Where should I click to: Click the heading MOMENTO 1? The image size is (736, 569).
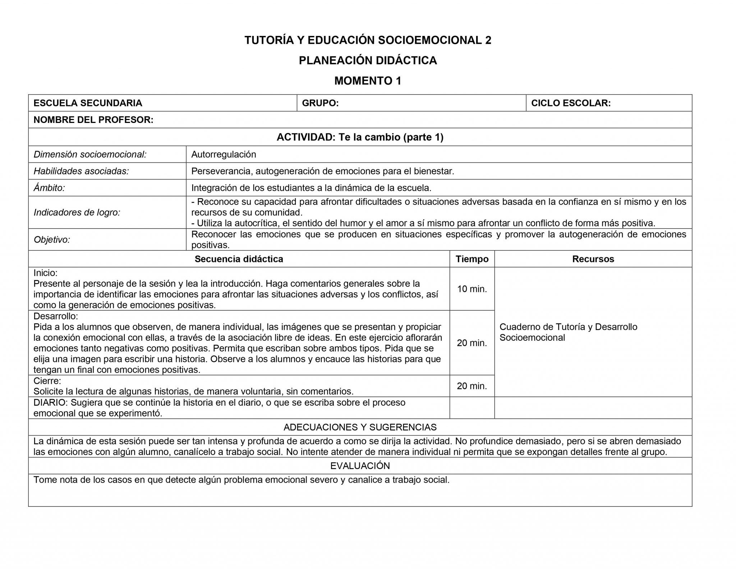point(368,81)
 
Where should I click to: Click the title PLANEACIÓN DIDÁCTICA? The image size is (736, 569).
point(368,60)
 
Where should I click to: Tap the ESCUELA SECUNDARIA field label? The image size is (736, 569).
point(88,103)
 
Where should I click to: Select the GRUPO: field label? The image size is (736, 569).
point(320,103)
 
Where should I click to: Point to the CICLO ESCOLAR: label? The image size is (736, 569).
point(571,103)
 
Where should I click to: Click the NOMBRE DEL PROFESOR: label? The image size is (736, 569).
point(93,120)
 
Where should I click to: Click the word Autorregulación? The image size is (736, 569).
point(224,155)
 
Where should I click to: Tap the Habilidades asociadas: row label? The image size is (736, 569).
point(81,171)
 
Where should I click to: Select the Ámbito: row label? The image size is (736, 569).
point(49,188)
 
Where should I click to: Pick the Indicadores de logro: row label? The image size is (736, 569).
point(77,212)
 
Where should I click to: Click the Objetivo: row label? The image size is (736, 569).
point(52,240)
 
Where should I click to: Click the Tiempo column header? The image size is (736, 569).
point(472,259)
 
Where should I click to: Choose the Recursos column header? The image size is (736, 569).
point(593,259)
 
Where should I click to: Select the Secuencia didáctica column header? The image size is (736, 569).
point(239,259)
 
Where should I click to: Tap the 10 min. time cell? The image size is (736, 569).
point(472,289)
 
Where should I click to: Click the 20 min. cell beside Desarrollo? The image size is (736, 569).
point(472,343)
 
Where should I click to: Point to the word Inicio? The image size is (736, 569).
point(45,273)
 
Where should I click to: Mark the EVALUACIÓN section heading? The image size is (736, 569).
point(360,466)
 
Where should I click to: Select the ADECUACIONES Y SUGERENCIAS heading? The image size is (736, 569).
point(360,427)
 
